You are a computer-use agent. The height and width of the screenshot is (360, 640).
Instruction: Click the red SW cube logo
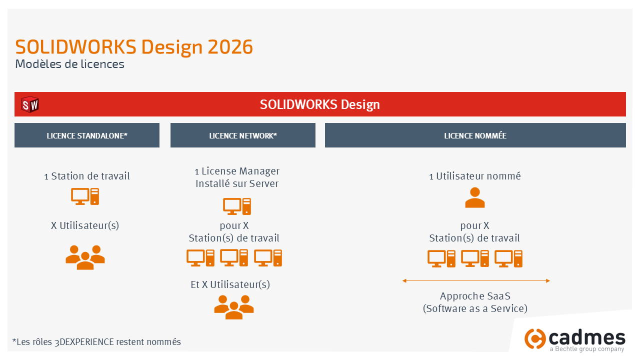coord(30,105)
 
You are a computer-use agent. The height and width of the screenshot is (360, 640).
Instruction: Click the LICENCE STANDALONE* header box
coord(87,135)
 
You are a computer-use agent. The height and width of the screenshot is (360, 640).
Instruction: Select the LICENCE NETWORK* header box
coord(243,135)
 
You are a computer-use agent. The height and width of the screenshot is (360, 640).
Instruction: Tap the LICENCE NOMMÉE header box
coord(475,135)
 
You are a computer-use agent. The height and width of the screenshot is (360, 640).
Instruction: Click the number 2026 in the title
coord(230,47)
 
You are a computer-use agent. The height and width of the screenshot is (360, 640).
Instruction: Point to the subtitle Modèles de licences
coord(69,64)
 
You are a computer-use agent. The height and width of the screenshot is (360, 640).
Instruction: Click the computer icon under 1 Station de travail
coord(85,196)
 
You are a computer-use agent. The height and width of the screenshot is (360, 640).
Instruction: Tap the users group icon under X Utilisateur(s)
coord(85,257)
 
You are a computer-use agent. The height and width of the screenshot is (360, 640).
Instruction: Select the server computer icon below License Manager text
coord(236,206)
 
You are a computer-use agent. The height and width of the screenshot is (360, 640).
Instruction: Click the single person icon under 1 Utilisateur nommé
coord(475,197)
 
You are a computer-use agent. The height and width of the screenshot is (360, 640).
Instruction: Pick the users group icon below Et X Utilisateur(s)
coord(234,306)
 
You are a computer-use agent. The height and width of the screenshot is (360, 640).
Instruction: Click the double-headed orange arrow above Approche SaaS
coord(476,281)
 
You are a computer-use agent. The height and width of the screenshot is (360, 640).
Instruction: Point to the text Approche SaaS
coord(475,296)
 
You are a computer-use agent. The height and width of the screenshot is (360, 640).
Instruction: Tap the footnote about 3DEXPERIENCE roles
coord(96,342)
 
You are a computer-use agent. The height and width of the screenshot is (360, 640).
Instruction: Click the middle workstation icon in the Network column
coord(234,258)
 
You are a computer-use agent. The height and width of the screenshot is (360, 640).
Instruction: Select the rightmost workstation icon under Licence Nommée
coord(508,258)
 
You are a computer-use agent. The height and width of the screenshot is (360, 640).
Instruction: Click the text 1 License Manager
coord(237,171)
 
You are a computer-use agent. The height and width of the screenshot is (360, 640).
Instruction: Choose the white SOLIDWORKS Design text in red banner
coord(320,104)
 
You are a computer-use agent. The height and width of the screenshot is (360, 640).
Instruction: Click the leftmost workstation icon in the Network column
coord(200,258)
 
